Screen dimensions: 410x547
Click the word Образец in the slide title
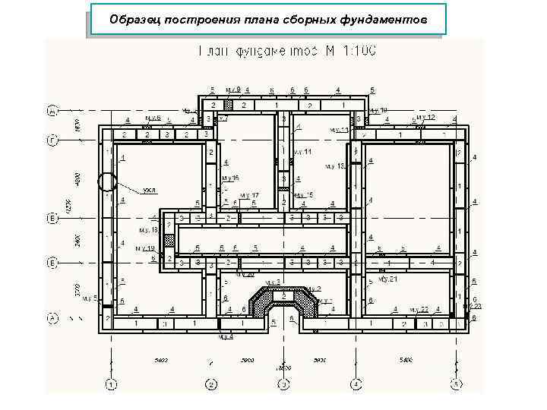(x=132, y=19)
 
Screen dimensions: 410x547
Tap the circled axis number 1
(x=112, y=383)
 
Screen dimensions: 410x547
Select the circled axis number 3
(x=283, y=383)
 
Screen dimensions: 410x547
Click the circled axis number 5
(x=455, y=383)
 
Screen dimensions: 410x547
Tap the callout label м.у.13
(x=335, y=165)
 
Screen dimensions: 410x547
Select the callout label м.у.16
(x=230, y=178)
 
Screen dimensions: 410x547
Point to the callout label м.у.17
(x=249, y=195)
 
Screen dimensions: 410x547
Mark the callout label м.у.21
(x=388, y=279)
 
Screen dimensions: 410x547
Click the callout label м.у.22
(x=419, y=309)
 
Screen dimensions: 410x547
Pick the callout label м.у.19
(x=145, y=248)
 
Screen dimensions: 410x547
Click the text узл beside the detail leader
(x=149, y=189)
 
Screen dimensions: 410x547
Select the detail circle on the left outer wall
(x=107, y=181)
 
